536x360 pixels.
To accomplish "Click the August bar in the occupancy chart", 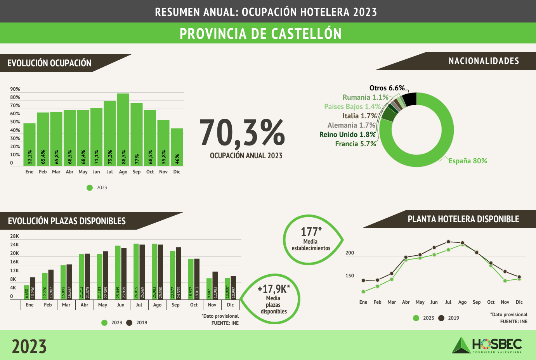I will click(x=123, y=130).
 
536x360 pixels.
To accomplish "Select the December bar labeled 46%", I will click(x=177, y=147).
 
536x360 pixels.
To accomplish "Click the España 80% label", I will click(x=468, y=161).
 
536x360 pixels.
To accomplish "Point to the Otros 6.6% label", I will click(x=387, y=88).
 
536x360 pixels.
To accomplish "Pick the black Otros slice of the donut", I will click(x=410, y=99).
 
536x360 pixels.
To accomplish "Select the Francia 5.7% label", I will click(x=356, y=144).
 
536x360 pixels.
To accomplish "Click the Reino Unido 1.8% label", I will click(x=347, y=135).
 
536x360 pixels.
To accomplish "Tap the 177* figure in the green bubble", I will click(x=311, y=232).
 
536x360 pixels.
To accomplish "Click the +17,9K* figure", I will click(x=274, y=289).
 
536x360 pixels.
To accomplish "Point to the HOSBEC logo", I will click(x=487, y=345).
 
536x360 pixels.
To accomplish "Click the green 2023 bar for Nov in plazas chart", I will click(x=209, y=288).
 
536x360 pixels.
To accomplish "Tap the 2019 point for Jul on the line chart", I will click(x=448, y=242).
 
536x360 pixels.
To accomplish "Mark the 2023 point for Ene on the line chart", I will click(x=363, y=292).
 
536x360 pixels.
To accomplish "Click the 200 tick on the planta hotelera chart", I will click(x=350, y=253).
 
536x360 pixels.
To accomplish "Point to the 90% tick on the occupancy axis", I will click(x=15, y=89).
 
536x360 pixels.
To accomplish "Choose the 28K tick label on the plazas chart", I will click(x=14, y=236).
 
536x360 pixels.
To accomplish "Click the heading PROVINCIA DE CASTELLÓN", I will click(x=260, y=34).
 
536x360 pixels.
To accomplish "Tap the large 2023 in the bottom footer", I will click(x=29, y=346).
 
